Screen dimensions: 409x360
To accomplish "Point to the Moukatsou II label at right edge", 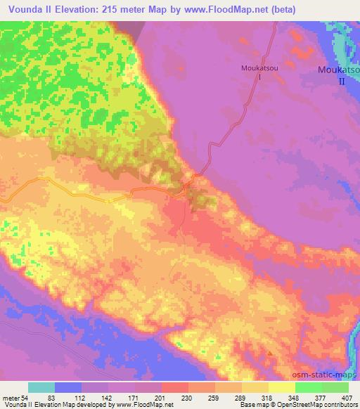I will pos(340,75).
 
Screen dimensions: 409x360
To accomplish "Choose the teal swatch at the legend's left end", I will pos(41,387).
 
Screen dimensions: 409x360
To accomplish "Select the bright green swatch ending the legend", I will pos(335,387).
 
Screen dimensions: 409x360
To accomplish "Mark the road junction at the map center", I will pos(185,186).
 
